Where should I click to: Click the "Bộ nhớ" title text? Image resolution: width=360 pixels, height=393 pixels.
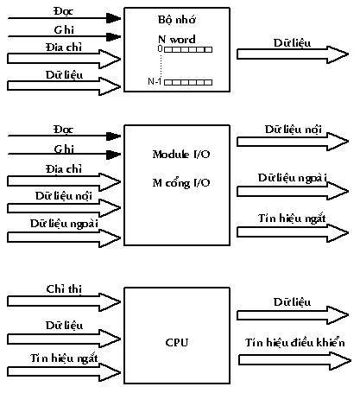177,19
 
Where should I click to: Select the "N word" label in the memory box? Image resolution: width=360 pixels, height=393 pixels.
177,39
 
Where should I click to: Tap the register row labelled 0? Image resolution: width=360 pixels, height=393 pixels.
188,49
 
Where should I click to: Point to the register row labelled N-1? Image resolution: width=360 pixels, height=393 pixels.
188,82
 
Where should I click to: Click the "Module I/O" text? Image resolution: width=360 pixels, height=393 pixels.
181,155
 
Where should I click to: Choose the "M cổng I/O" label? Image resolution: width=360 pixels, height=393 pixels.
181,183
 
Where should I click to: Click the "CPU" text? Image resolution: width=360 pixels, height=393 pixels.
177,342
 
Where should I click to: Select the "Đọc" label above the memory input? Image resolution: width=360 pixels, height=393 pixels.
64,11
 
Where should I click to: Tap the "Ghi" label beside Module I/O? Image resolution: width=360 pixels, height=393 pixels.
64,149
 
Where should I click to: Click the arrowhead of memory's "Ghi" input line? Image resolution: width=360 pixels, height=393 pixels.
113,36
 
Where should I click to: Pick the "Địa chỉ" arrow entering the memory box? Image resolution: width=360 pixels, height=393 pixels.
64,59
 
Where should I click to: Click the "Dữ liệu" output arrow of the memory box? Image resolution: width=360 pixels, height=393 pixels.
293,54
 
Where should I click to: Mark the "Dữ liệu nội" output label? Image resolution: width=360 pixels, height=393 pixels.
294,130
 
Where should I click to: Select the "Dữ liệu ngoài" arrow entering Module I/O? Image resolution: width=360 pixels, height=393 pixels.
64,238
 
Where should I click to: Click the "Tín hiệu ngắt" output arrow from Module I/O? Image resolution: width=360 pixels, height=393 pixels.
293,232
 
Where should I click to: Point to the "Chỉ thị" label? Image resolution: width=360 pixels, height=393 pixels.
64,288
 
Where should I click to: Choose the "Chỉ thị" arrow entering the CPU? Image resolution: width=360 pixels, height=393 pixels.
64,301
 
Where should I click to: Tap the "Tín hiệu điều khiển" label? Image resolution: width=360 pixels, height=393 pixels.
295,342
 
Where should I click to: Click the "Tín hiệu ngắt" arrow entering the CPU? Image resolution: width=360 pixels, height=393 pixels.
64,372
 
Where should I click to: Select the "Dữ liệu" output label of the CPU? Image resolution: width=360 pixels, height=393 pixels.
292,301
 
